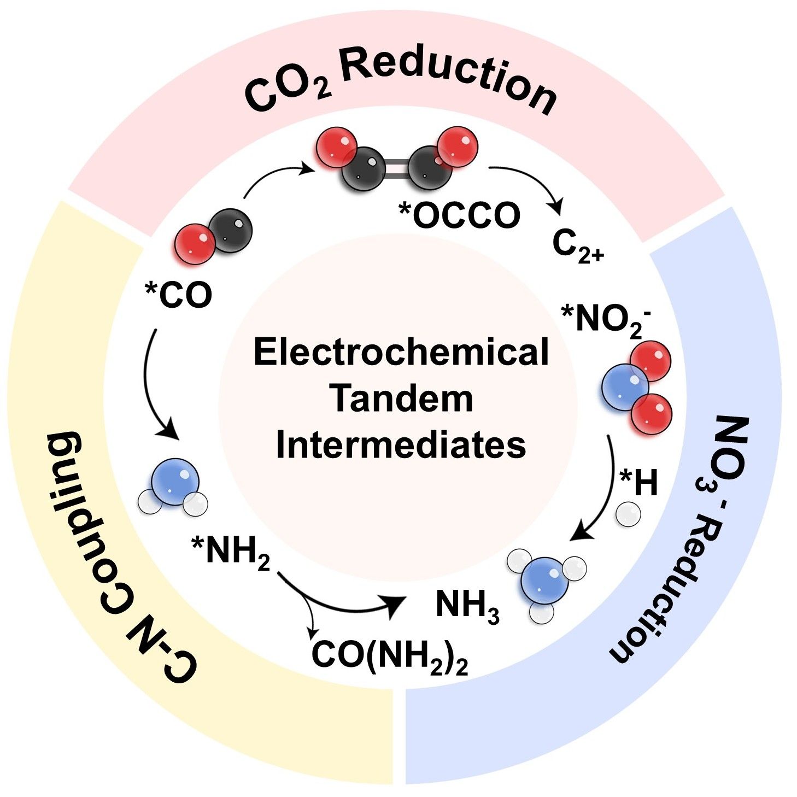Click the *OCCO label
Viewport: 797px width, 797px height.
tap(459, 215)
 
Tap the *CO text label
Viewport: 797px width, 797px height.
tap(178, 295)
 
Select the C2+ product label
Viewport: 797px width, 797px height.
tap(577, 247)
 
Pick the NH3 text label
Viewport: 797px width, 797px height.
tap(467, 606)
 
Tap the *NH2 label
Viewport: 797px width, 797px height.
tap(231, 552)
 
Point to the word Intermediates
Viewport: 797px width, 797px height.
tap(401, 444)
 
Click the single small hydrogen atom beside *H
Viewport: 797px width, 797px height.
tap(628, 515)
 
